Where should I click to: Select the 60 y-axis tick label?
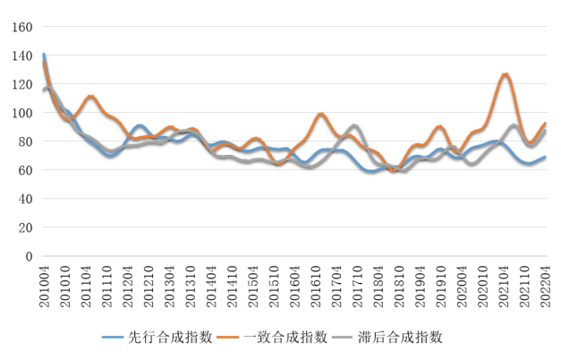coord(22,170)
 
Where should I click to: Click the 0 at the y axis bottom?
coord(27,256)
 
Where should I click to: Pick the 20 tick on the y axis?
coord(22,227)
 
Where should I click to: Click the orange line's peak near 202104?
coord(506,74)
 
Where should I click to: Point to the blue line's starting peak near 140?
coord(44,55)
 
